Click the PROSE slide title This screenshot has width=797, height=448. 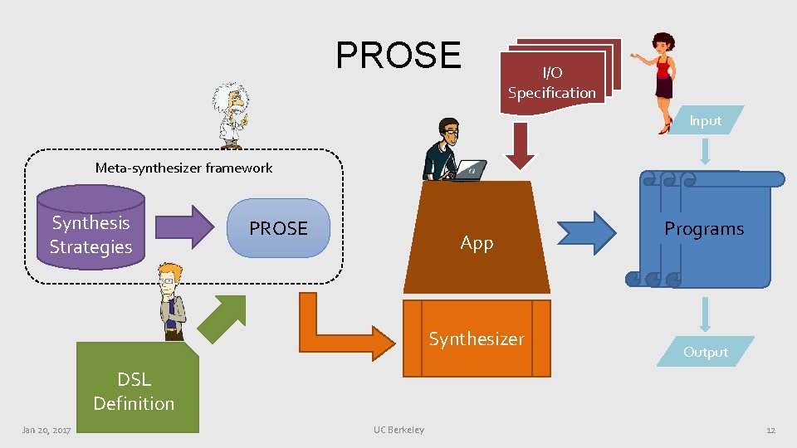pyautogui.click(x=398, y=55)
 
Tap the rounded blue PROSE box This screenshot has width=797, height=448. pyautogui.click(x=278, y=228)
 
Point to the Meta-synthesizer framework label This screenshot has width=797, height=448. pyautogui.click(x=183, y=168)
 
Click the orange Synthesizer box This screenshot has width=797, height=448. pyautogui.click(x=477, y=338)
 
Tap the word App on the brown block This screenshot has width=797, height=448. pyautogui.click(x=477, y=242)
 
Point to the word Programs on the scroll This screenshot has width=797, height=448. pyautogui.click(x=704, y=229)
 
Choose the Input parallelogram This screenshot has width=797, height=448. pyautogui.click(x=705, y=120)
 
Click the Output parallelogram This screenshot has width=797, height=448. pyautogui.click(x=705, y=352)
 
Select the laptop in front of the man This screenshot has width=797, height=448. pyautogui.click(x=471, y=171)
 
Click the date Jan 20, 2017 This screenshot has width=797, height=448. pyautogui.click(x=46, y=430)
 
